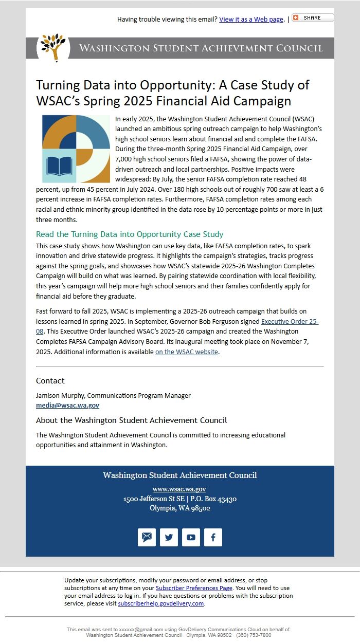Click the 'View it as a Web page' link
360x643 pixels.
[251, 20]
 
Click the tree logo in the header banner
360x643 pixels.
[53, 48]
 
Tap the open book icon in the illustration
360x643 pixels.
[59, 166]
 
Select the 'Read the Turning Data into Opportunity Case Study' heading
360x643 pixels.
[130, 234]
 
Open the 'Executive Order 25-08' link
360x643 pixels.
[290, 322]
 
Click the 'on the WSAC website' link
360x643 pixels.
[187, 352]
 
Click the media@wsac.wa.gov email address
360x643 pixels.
[67, 406]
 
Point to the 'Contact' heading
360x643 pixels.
[50, 381]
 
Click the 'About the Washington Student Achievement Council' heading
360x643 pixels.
[131, 420]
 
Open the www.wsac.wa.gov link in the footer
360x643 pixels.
[179, 489]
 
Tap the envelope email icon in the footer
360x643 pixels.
[147, 537]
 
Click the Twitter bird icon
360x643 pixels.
[169, 537]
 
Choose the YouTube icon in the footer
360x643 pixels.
[191, 537]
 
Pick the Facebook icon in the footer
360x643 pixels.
[213, 537]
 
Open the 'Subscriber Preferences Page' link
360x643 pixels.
[194, 588]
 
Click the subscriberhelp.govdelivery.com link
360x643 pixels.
[161, 603]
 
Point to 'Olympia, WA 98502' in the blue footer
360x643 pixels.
[180, 508]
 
